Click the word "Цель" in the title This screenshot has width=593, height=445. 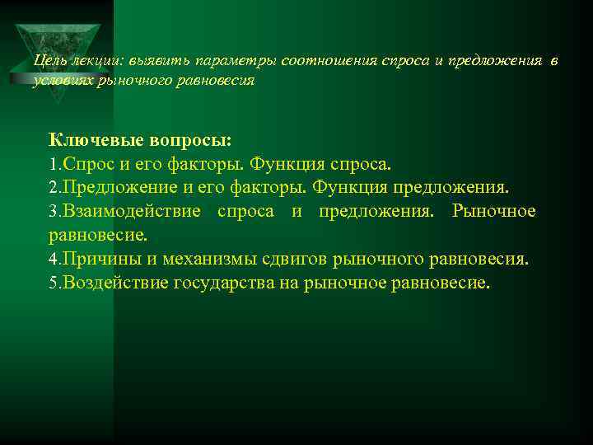[48, 62]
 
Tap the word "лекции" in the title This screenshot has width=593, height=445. [91, 62]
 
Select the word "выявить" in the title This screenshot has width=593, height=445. [149, 62]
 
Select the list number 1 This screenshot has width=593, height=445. [54, 163]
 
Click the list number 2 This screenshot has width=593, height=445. [54, 187]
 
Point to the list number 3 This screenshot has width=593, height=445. [54, 211]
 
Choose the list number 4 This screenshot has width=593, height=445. [54, 260]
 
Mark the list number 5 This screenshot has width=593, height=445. [54, 283]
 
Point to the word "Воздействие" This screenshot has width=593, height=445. [115, 283]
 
